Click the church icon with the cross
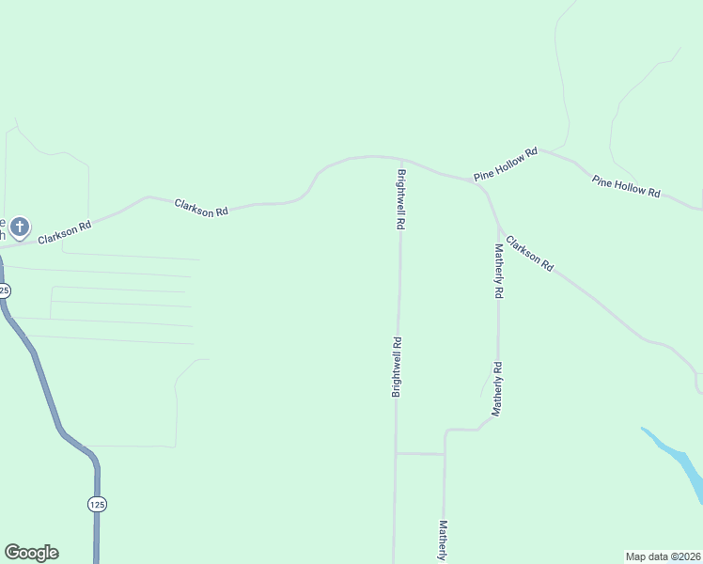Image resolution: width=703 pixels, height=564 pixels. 20,226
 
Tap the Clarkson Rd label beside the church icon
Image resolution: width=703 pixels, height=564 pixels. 64,232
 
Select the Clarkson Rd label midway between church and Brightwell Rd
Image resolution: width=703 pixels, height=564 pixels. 201,208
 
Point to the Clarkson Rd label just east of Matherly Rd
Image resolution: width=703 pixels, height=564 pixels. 529,254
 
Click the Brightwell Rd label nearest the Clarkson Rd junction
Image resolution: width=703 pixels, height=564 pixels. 401,200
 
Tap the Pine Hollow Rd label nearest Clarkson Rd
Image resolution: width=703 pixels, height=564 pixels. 506,164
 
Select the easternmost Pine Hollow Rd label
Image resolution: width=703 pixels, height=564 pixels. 625,185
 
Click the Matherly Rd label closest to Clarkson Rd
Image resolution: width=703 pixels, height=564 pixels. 499,271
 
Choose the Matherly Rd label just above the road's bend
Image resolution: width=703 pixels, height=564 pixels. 497,389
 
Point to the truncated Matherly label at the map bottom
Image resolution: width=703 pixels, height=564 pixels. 442,541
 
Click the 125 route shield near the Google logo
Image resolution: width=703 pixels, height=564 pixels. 97,504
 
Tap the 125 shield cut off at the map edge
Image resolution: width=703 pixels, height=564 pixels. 4,291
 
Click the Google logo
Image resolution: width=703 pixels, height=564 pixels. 31,553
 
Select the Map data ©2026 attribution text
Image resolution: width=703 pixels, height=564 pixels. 664,556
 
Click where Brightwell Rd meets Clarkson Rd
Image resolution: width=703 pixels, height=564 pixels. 400,159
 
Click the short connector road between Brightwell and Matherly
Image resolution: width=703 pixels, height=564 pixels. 419,453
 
